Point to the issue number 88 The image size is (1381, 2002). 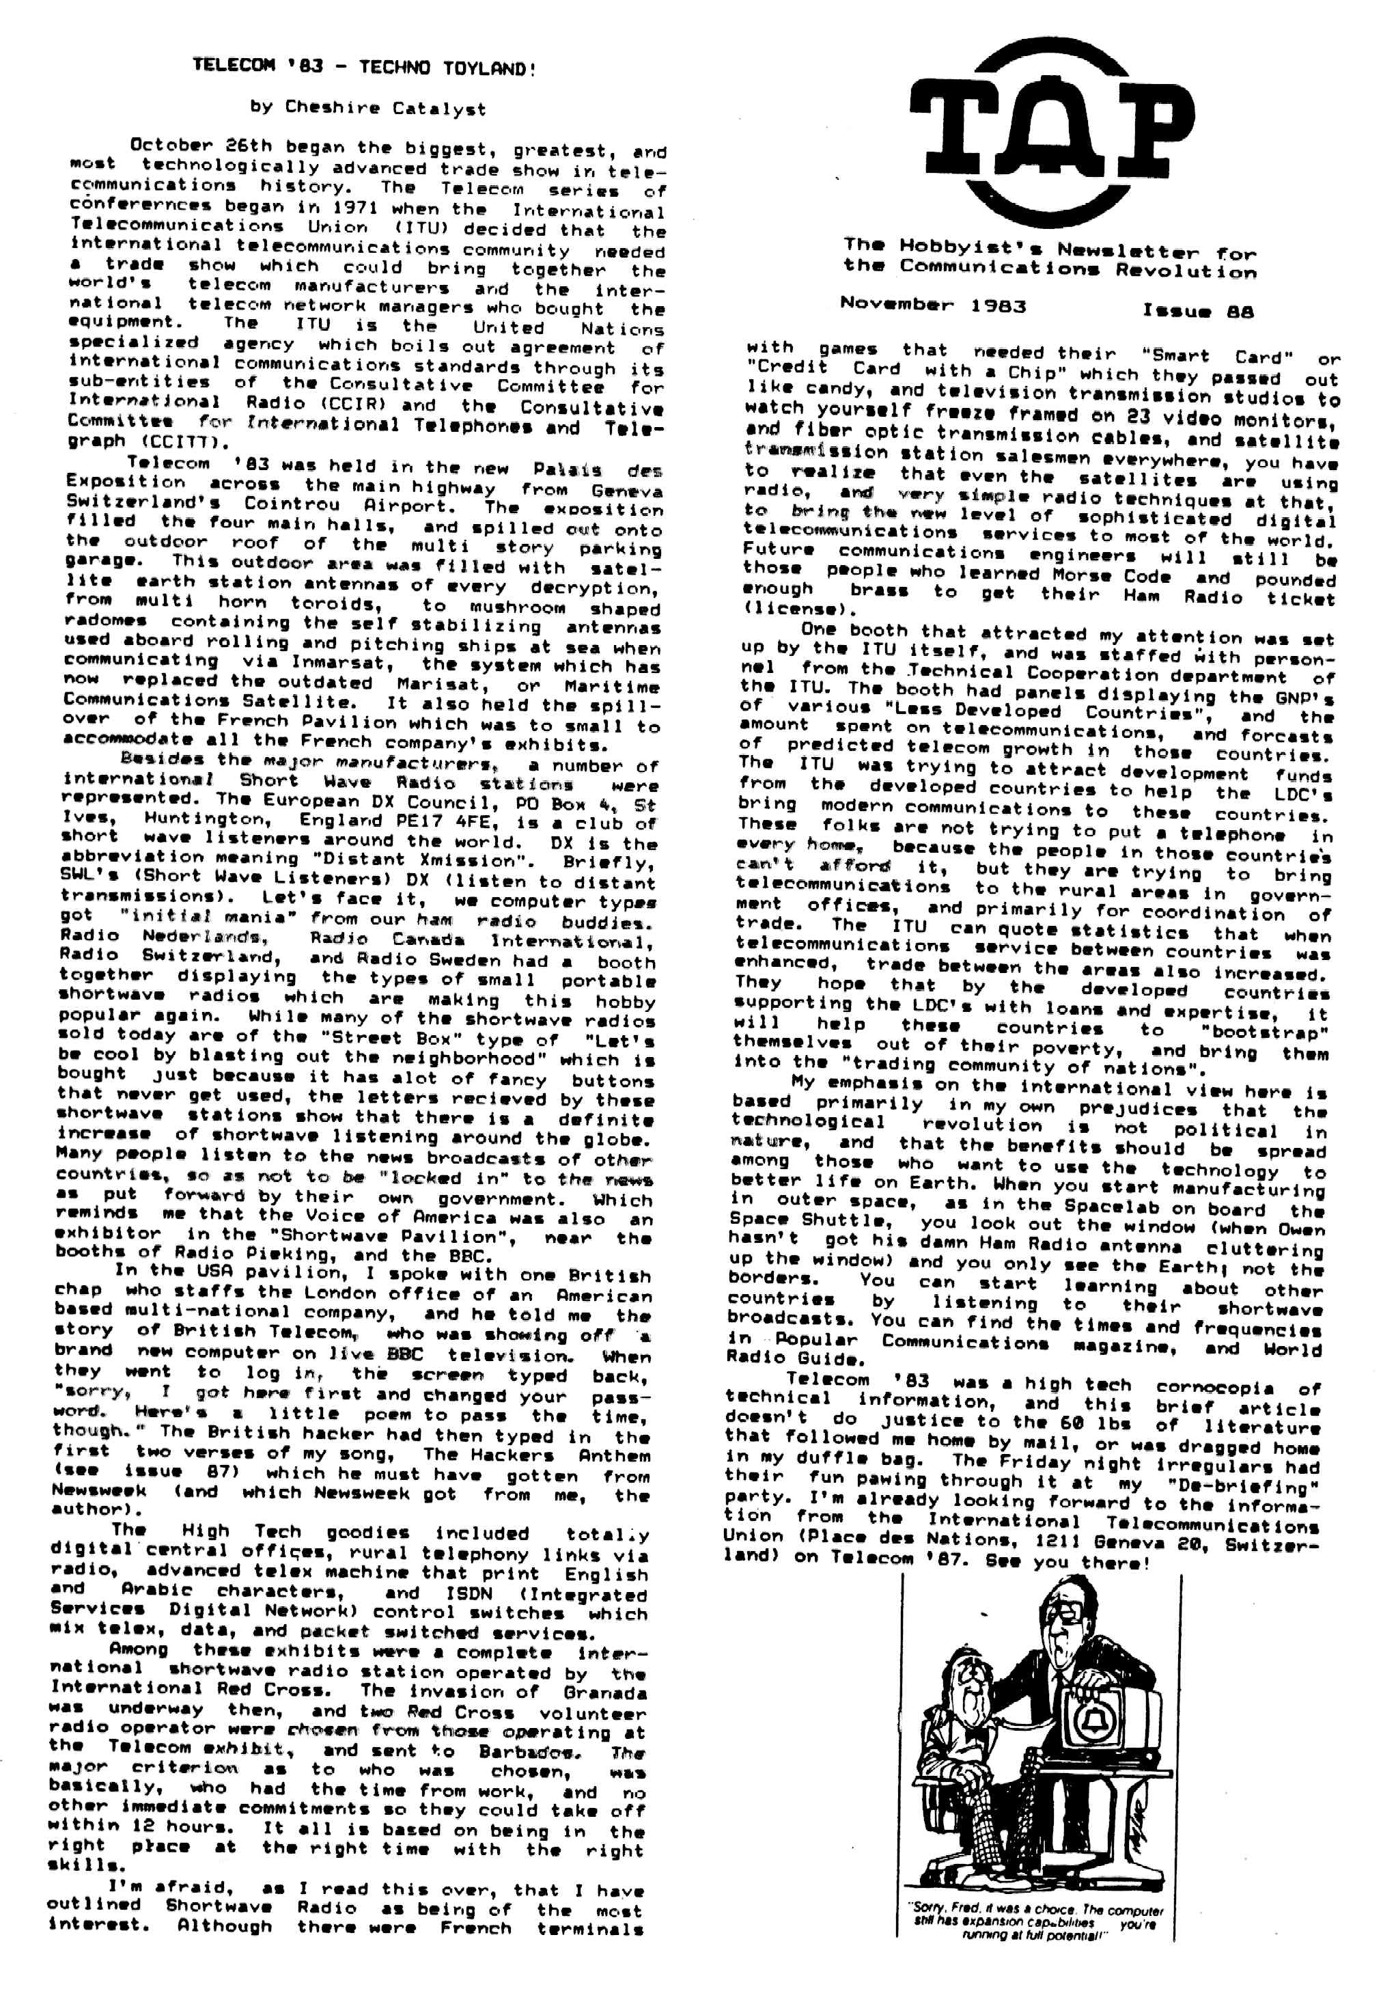(x=1239, y=312)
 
